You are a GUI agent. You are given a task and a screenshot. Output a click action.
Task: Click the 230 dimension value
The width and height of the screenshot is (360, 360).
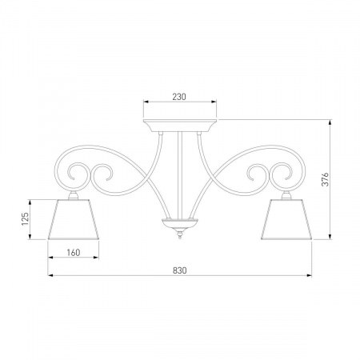coord(179,96)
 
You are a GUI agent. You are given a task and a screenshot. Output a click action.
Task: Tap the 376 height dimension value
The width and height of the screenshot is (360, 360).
coord(325,179)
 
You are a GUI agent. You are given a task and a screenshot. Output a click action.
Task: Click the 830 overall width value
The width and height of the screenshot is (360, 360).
coord(179,270)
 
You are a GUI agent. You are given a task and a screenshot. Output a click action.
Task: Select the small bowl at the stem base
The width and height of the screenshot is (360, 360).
coord(179,222)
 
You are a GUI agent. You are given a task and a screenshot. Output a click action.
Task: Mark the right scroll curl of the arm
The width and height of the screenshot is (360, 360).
coord(281,171)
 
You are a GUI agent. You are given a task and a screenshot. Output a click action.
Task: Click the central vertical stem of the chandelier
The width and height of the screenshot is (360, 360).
coord(179,172)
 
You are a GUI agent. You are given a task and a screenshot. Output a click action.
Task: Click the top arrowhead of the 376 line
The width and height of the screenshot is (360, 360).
coord(332,122)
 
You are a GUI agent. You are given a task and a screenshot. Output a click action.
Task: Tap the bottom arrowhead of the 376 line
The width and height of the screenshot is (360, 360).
coord(332,237)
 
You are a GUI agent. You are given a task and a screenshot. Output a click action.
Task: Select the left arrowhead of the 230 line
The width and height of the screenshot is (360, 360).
coord(145,102)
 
